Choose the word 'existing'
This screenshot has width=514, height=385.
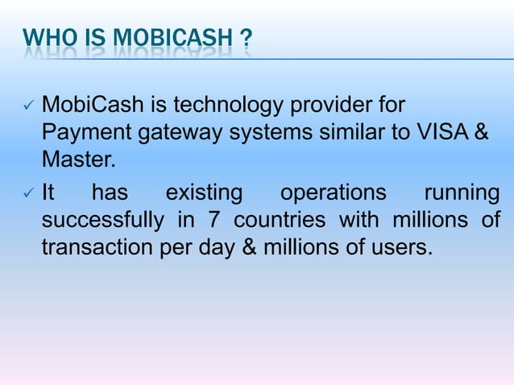click(x=204, y=193)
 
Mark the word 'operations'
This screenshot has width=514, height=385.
click(x=332, y=193)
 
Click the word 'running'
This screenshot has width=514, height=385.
click(x=462, y=193)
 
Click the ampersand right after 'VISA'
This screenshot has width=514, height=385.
click(x=480, y=133)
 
